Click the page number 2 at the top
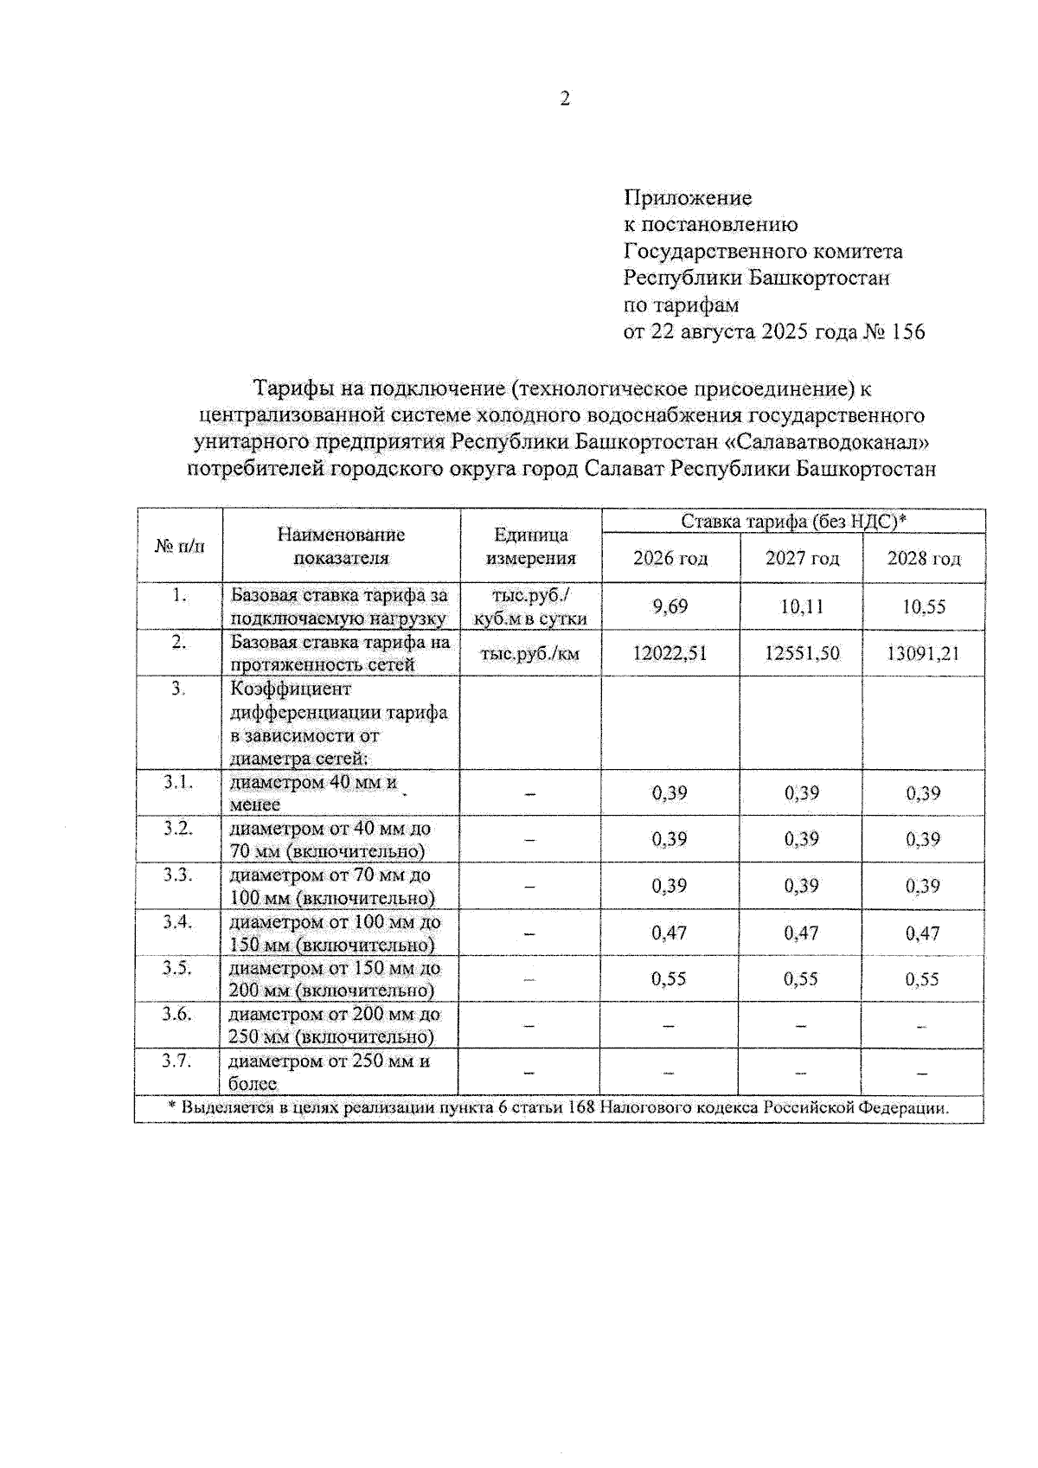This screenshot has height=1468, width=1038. (x=565, y=99)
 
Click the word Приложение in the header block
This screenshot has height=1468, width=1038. (x=688, y=198)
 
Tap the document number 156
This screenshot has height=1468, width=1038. (x=907, y=332)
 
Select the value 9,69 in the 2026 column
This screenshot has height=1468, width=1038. (x=670, y=606)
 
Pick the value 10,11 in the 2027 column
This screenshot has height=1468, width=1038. (x=801, y=606)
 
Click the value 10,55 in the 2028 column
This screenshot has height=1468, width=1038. (x=923, y=607)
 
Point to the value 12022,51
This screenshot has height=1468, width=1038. (x=670, y=653)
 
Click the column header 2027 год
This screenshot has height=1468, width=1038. (x=801, y=559)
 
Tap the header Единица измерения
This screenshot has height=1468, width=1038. (x=530, y=547)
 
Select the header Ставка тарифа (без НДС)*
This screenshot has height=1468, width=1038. (x=792, y=521)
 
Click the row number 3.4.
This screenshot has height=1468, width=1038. (x=177, y=921)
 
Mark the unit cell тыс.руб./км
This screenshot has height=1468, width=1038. (x=529, y=654)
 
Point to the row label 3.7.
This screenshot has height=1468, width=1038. (x=176, y=1061)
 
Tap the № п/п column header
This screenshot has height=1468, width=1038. (x=180, y=547)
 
